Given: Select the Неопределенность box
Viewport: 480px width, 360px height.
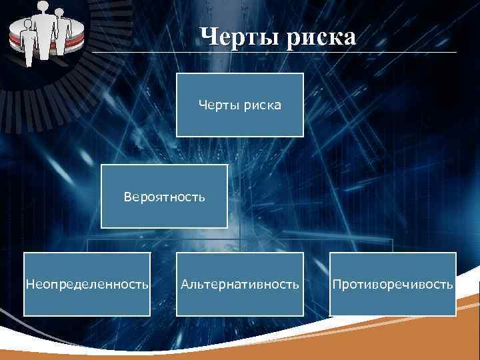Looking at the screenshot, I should pos(87,284).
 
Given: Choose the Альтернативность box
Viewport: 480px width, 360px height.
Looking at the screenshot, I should pos(240,284).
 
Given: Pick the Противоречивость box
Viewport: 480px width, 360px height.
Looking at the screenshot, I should pos(393,284).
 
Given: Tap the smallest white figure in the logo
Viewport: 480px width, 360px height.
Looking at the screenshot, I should pos(28,43).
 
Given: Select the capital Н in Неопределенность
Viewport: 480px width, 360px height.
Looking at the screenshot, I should pos(29,285).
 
